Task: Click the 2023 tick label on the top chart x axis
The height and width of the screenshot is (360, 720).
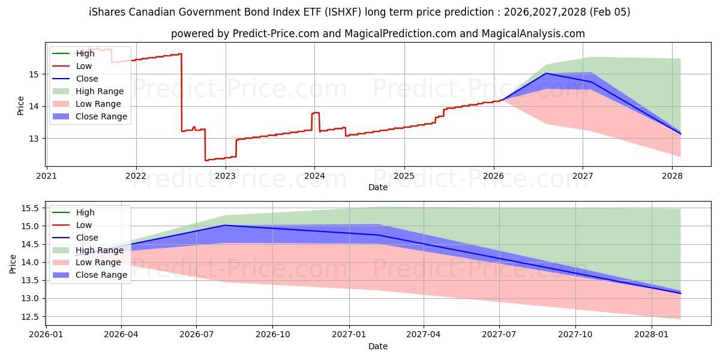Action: click(x=226, y=176)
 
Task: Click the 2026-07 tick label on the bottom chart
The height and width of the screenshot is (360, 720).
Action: click(x=196, y=334)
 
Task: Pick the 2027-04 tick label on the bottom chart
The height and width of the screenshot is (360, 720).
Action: click(x=424, y=334)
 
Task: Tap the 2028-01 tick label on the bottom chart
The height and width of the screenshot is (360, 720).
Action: click(x=652, y=334)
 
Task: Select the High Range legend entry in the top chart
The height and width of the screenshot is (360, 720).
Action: click(x=100, y=91)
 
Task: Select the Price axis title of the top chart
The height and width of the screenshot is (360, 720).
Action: click(x=21, y=106)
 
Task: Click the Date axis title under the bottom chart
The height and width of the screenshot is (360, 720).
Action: click(x=378, y=346)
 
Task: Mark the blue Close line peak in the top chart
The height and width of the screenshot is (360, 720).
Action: click(x=546, y=73)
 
